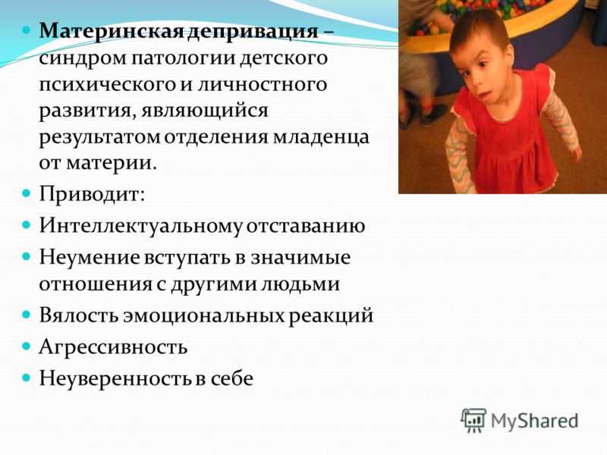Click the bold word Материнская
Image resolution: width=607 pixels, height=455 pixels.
[111, 31]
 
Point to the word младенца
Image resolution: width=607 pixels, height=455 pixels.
[321, 139]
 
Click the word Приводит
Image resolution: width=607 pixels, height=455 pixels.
[91, 194]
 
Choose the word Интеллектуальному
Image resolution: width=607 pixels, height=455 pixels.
[140, 225]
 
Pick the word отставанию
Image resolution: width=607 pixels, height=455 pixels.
[306, 226]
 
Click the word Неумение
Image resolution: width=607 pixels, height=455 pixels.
[90, 257]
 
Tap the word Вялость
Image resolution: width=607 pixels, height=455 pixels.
[79, 315]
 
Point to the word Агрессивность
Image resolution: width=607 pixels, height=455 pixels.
[113, 347]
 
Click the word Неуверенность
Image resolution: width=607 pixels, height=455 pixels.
[115, 378]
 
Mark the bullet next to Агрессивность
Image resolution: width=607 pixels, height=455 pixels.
[26, 346]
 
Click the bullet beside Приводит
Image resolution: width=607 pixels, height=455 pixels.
[26, 193]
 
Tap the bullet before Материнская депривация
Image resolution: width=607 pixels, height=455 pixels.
[26, 30]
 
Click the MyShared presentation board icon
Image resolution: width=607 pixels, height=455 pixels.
[473, 420]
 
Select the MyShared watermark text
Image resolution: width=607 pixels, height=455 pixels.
[535, 422]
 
